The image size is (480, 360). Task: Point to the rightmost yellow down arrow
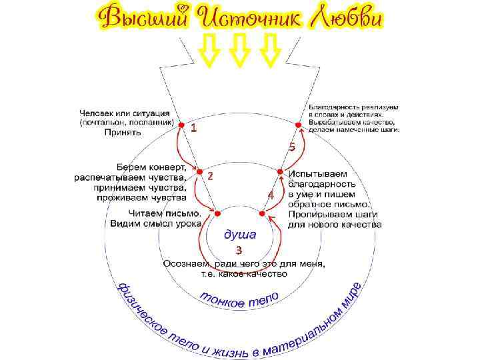click(270, 50)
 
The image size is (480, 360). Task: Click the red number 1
click(193, 127)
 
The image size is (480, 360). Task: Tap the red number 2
click(209, 177)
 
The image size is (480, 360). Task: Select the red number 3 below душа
click(238, 250)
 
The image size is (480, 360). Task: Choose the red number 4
click(270, 195)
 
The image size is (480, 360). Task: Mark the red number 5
click(291, 147)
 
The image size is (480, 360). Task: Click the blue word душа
click(238, 235)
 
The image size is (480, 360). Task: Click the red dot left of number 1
click(180, 123)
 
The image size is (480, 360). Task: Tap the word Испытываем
click(317, 173)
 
